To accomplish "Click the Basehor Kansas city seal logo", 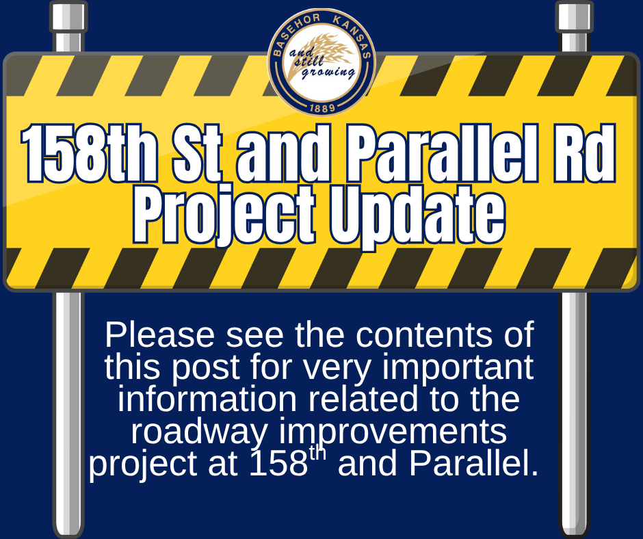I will click(x=321, y=64).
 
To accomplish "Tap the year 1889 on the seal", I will click(x=321, y=108).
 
